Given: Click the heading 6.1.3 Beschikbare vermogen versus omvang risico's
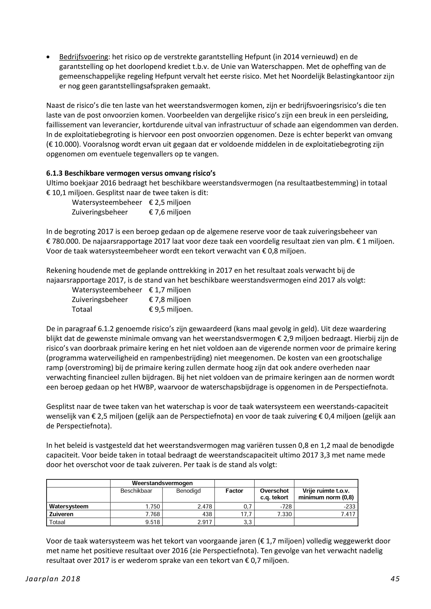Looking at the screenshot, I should [x=131, y=174].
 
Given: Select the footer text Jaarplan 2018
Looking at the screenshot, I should [x=53, y=579].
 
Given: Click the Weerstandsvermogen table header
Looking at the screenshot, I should [x=162, y=483].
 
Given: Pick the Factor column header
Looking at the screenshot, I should [x=234, y=491].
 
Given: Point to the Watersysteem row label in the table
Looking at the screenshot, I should [x=69, y=506].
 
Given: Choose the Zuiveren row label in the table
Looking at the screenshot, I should [x=61, y=514].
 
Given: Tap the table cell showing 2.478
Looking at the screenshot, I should [x=205, y=507].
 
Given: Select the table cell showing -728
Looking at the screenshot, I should [x=286, y=507].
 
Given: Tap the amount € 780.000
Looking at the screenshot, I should [x=62, y=242].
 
